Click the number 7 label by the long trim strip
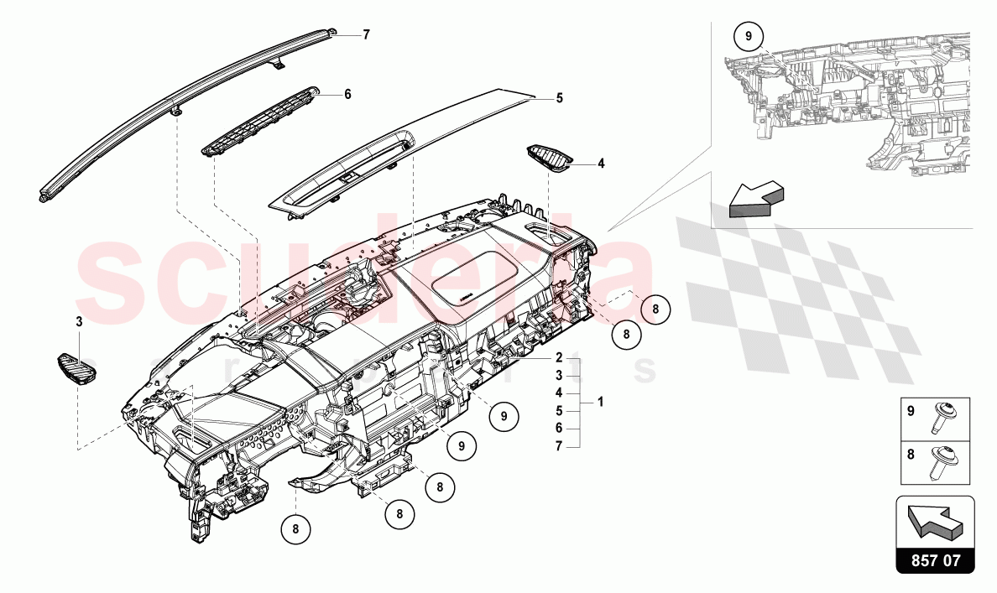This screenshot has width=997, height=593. (x=366, y=35)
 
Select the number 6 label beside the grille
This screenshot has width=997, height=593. (x=347, y=94)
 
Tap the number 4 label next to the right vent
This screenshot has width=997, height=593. (x=601, y=164)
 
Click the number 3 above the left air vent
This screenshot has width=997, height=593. (x=79, y=321)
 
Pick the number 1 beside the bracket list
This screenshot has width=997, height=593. (x=601, y=402)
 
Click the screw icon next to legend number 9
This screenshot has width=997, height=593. (x=938, y=417)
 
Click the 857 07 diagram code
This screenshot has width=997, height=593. (x=936, y=559)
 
